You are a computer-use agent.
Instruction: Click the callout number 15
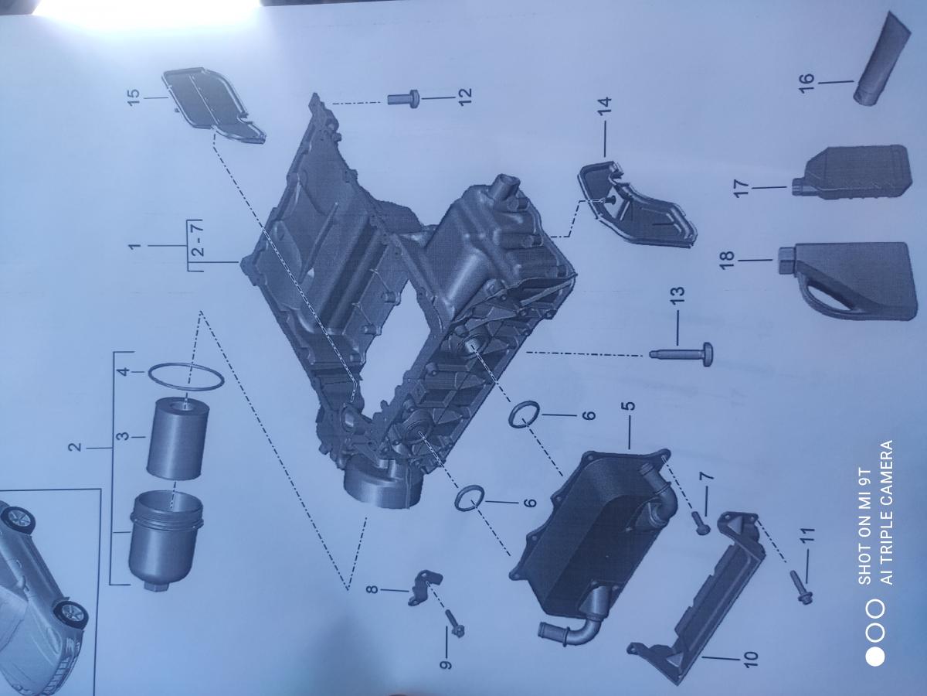click(133, 98)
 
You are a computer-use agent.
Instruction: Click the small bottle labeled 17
click(852, 171)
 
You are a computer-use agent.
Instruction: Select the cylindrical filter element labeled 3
click(178, 438)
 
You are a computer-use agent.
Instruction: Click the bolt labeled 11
click(800, 586)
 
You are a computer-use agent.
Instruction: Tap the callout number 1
click(134, 245)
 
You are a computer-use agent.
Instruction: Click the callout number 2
click(76, 447)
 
